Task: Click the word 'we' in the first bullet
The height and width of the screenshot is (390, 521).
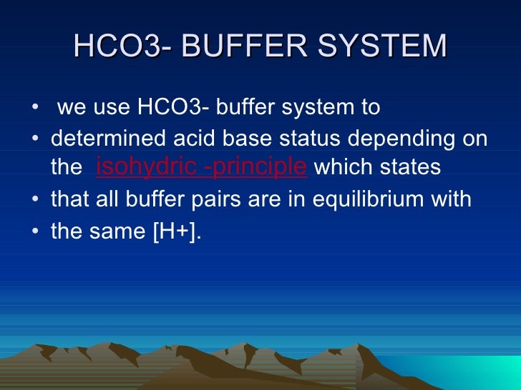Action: click(69, 108)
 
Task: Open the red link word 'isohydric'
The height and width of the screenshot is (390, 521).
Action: click(147, 167)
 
